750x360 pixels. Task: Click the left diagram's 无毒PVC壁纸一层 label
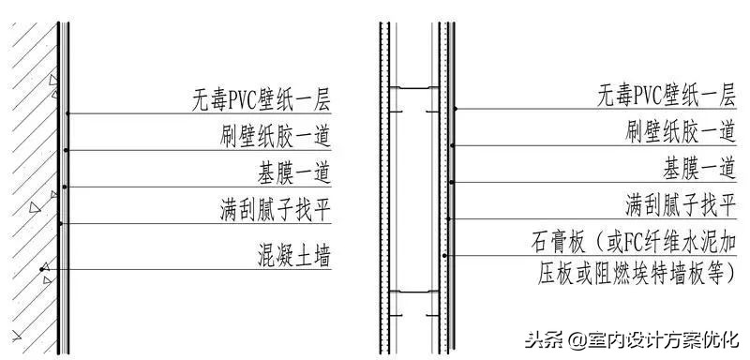[x=262, y=98]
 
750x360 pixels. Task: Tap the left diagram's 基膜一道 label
[x=294, y=172]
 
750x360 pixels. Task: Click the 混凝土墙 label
[x=294, y=254]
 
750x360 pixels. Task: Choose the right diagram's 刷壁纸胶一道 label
[x=679, y=130]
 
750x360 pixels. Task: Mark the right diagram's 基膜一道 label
[x=697, y=168]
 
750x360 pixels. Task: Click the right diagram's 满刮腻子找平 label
[x=679, y=203]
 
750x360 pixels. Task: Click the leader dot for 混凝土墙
[x=43, y=270]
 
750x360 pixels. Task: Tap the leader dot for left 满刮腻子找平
[x=60, y=223]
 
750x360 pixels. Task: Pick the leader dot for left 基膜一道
[x=64, y=187]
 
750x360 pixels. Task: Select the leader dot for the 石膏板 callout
[x=446, y=255]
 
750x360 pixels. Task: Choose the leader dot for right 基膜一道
[x=451, y=182]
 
